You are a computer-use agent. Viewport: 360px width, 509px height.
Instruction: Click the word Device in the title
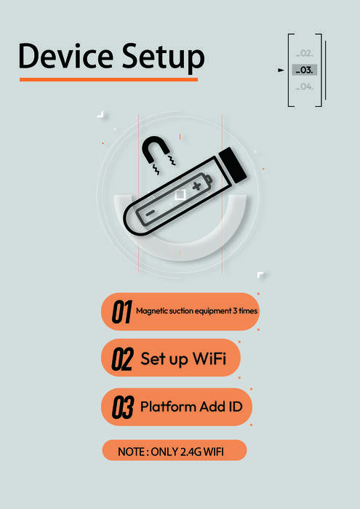pos(66,55)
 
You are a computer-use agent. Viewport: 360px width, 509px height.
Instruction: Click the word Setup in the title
pos(164,57)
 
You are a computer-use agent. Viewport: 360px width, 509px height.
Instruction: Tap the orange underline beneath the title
pos(108,79)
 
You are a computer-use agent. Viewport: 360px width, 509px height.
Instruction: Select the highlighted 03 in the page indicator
pos(304,70)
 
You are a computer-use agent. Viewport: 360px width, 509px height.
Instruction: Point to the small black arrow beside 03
pos(281,70)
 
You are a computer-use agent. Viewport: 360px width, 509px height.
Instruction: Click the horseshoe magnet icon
pos(156,150)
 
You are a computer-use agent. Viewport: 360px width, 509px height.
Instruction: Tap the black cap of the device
pos(233,165)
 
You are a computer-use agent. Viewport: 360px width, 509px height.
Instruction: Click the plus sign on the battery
pos(196,186)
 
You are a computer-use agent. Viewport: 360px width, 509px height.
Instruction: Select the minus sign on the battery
pos(149,214)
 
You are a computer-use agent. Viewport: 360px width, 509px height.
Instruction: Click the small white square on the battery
pos(180,195)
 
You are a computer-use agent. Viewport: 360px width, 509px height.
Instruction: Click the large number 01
pos(122,312)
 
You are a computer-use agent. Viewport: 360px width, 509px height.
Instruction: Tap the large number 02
pos(122,359)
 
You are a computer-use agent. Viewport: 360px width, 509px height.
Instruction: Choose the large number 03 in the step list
pos(123,407)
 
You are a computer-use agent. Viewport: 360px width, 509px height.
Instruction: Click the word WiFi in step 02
pos(209,358)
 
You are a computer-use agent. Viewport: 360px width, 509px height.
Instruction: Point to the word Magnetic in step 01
pos(152,311)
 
